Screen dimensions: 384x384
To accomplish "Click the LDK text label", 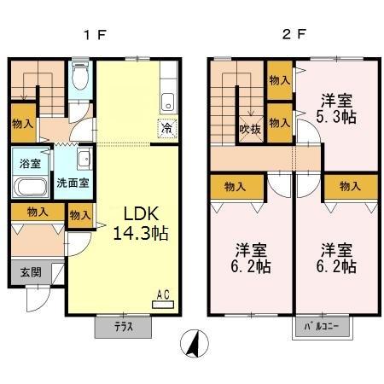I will [x=133, y=213].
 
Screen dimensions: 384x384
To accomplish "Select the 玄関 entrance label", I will [x=30, y=274].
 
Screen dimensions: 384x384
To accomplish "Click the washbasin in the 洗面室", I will [x=84, y=159].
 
